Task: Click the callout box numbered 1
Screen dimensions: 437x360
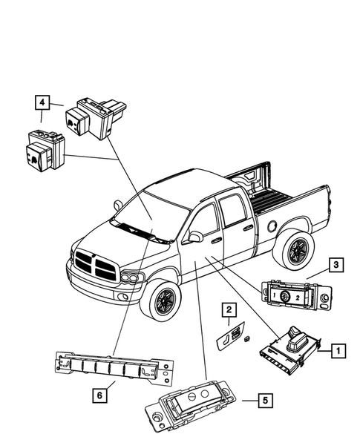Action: point(336,347)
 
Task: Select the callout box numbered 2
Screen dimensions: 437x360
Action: point(230,309)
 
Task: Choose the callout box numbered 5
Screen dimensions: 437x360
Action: point(265,400)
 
